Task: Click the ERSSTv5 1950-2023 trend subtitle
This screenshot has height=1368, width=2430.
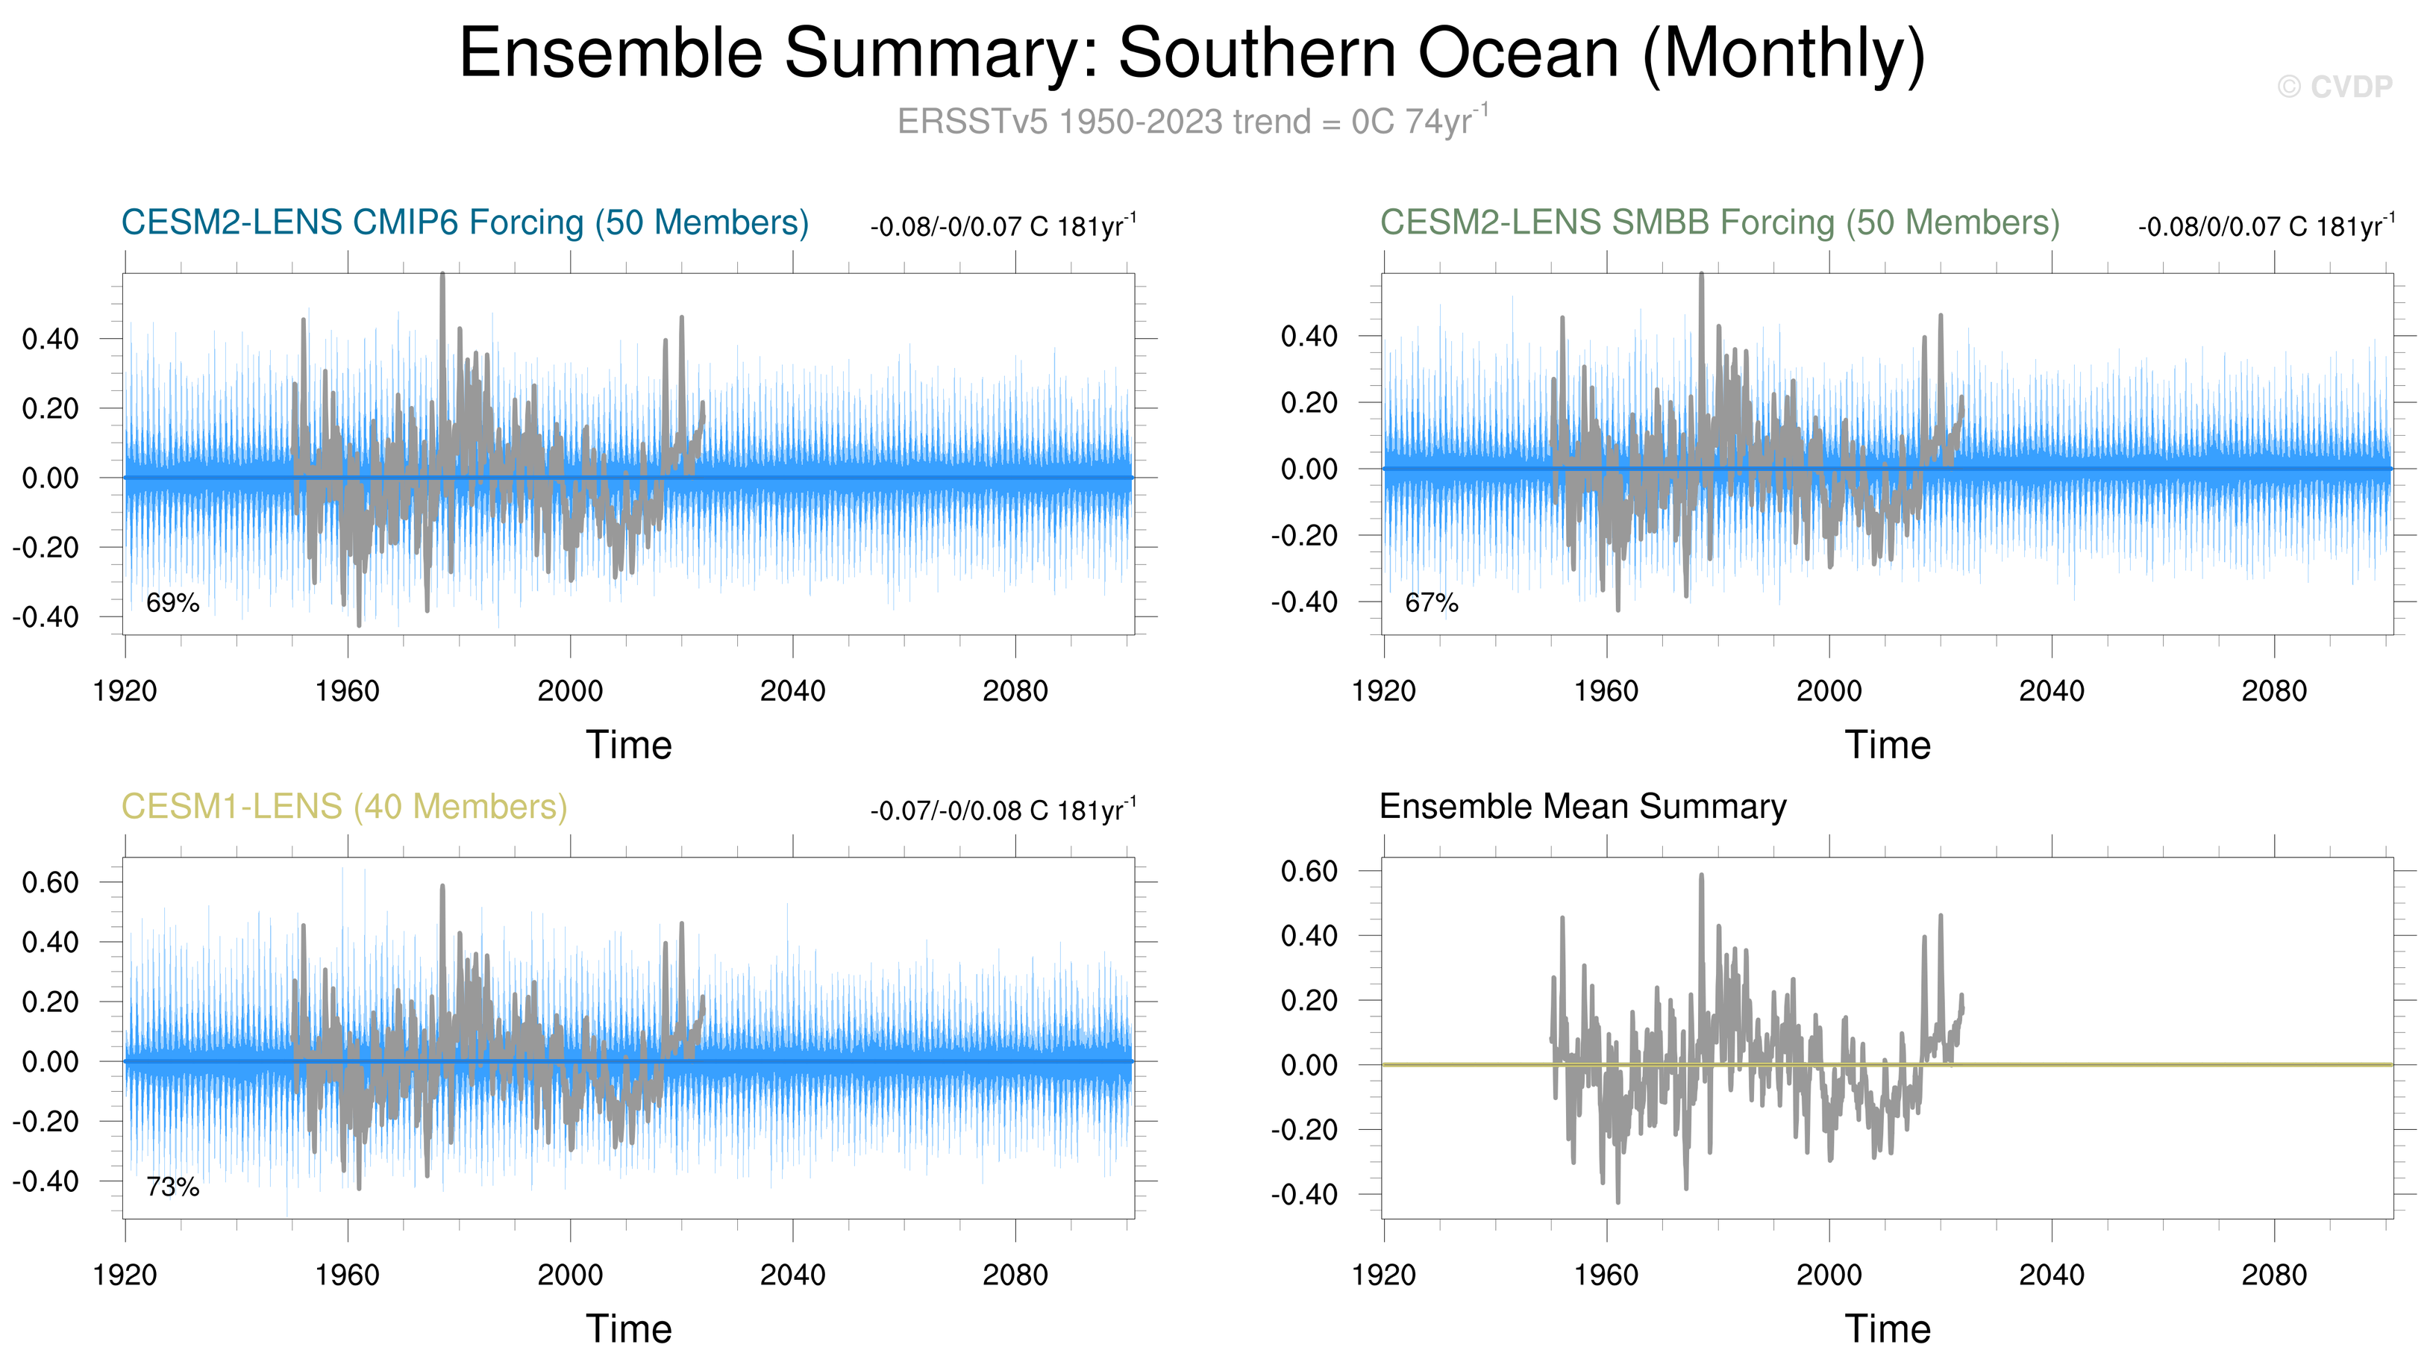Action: click(x=1192, y=122)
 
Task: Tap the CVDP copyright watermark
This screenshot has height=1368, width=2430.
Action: click(x=2334, y=87)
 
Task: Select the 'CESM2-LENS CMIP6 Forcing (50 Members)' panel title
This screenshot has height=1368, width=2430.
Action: click(x=465, y=222)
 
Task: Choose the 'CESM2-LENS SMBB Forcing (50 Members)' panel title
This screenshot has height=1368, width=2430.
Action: click(x=1719, y=222)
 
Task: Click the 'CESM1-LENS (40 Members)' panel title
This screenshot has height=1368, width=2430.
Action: click(x=344, y=807)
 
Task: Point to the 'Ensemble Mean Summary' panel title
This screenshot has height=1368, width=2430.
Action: click(x=1582, y=807)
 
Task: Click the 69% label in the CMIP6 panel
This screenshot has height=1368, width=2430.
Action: click(x=172, y=602)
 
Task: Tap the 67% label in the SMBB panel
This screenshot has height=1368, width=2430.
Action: click(x=1431, y=602)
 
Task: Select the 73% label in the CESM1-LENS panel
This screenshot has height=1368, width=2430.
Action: click(x=172, y=1186)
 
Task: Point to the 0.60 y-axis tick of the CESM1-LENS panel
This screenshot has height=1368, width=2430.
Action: click(x=50, y=883)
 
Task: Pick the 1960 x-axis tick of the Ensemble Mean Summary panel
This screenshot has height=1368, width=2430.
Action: click(x=1606, y=1275)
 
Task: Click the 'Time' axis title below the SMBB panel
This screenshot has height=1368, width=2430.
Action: click(x=1888, y=746)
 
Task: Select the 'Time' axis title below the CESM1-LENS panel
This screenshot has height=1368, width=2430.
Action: click(x=629, y=1329)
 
